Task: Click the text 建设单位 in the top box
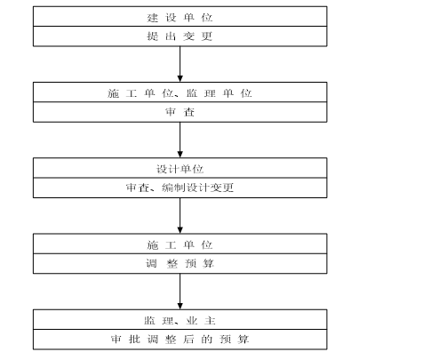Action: pyautogui.click(x=180, y=17)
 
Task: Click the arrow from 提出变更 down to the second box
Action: pyautogui.click(x=180, y=64)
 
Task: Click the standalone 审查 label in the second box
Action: pyautogui.click(x=180, y=113)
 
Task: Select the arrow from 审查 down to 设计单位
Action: pyautogui.click(x=180, y=140)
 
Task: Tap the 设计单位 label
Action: pyautogui.click(x=180, y=169)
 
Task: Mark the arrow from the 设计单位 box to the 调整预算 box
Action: pyautogui.click(x=180, y=216)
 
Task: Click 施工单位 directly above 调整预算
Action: pyautogui.click(x=180, y=244)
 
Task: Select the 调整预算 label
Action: pyautogui.click(x=180, y=264)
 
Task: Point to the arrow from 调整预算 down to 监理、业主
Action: pyautogui.click(x=180, y=292)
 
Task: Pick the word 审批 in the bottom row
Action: pyautogui.click(x=126, y=340)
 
